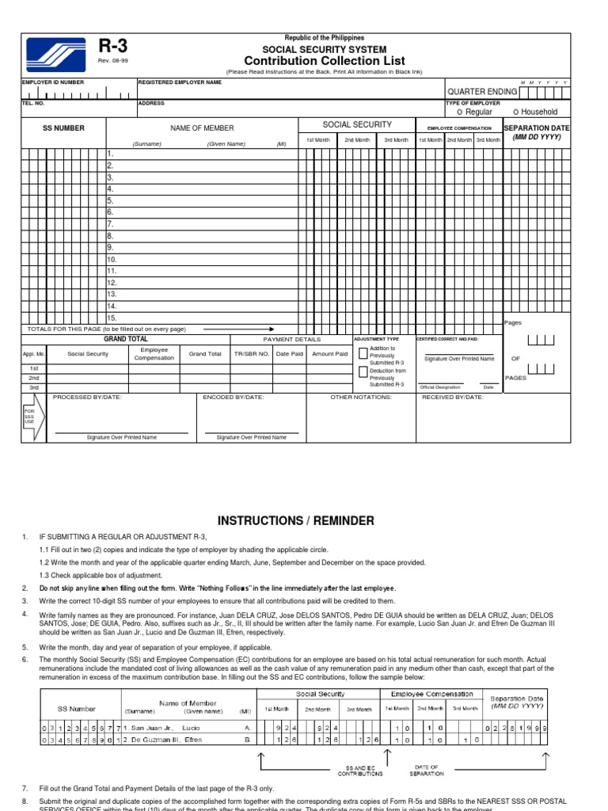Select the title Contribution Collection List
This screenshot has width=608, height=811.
click(324, 61)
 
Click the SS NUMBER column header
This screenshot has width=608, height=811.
click(63, 128)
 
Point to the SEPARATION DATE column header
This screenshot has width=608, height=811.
click(536, 128)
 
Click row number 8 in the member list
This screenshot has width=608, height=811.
click(111, 236)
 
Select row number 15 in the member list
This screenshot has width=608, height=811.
click(112, 318)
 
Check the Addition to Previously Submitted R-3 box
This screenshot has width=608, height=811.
click(363, 353)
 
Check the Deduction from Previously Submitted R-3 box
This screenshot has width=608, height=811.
click(363, 371)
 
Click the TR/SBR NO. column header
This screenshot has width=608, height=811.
click(253, 354)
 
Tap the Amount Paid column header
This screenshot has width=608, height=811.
click(329, 354)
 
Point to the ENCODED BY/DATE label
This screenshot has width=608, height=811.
click(234, 397)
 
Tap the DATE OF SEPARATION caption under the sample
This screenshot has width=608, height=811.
click(427, 771)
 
